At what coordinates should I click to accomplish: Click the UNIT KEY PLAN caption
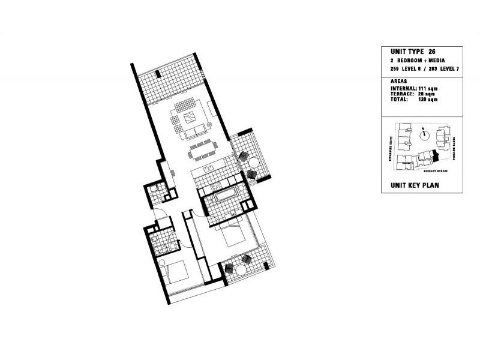pos(415,185)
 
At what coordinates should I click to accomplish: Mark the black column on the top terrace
pos(157,75)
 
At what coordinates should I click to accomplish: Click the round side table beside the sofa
pos(210,125)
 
